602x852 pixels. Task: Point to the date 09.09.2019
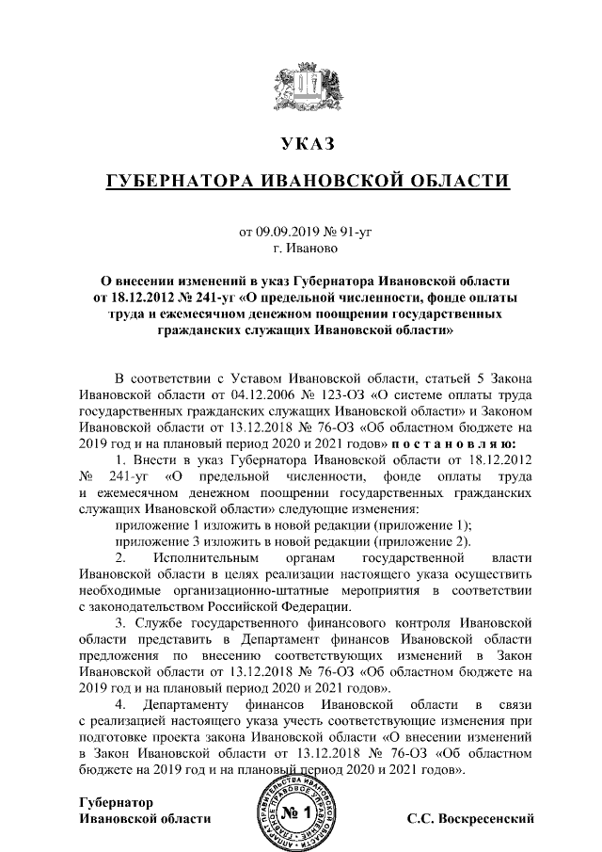pos(285,232)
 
